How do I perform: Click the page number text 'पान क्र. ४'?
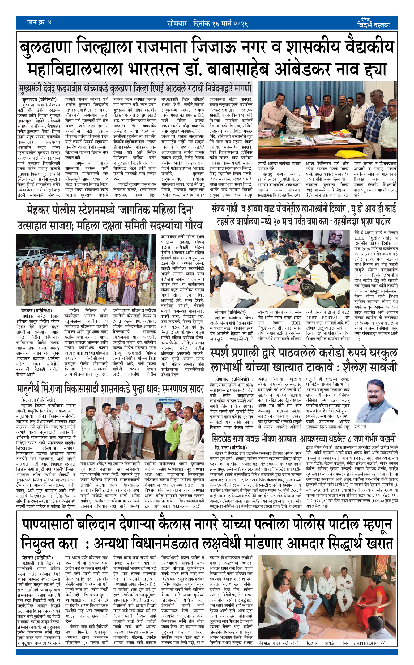coord(39,22)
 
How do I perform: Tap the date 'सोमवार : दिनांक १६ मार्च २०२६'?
coord(208,24)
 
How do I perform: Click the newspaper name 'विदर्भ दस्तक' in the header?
coord(373,25)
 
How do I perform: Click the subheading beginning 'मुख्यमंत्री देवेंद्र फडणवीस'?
coord(135,88)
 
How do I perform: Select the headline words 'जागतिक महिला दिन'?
coord(156,210)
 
